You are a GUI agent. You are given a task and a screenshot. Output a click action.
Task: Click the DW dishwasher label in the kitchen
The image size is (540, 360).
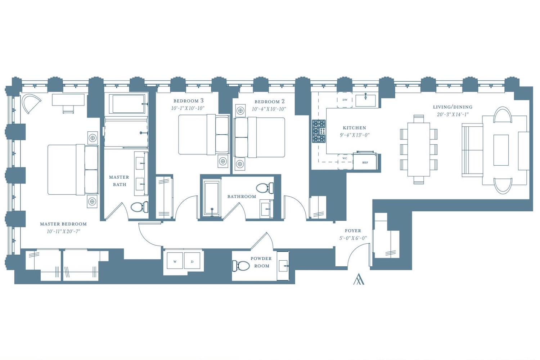pos(345,100)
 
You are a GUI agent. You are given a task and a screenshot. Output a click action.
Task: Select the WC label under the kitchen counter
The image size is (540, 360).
pos(345,158)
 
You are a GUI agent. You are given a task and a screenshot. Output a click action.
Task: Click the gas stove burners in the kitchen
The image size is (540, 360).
pos(319,131)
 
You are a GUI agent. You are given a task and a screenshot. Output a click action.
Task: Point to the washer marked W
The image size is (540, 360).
pos(175,261)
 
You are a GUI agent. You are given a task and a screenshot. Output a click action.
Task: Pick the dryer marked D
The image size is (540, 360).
pos(192,261)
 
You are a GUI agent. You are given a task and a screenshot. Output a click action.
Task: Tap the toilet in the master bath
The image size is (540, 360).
pos(139,207)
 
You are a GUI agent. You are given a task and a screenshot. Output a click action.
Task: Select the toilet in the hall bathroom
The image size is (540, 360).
pos(265,188)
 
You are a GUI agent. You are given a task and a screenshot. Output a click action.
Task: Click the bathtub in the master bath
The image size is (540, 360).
pos(127,104)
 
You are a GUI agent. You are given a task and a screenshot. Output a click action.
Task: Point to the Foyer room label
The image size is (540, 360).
pos(353,231)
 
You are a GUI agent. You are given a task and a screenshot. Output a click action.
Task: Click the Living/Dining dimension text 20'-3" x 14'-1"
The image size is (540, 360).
pos(453,114)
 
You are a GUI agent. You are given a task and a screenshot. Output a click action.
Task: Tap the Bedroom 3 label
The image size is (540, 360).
pos(189,101)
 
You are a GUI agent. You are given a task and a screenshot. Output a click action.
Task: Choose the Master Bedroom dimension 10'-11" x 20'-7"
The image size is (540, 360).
pos(63,231)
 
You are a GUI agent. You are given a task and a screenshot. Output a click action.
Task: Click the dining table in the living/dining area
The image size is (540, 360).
pos(419,150)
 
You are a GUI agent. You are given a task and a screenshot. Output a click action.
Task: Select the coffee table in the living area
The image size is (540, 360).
pos(501,150)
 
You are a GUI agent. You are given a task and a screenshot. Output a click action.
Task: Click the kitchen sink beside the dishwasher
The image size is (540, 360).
pos(366,100)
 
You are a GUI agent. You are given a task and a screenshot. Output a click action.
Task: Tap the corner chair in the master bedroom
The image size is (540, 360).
pos(31,103)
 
